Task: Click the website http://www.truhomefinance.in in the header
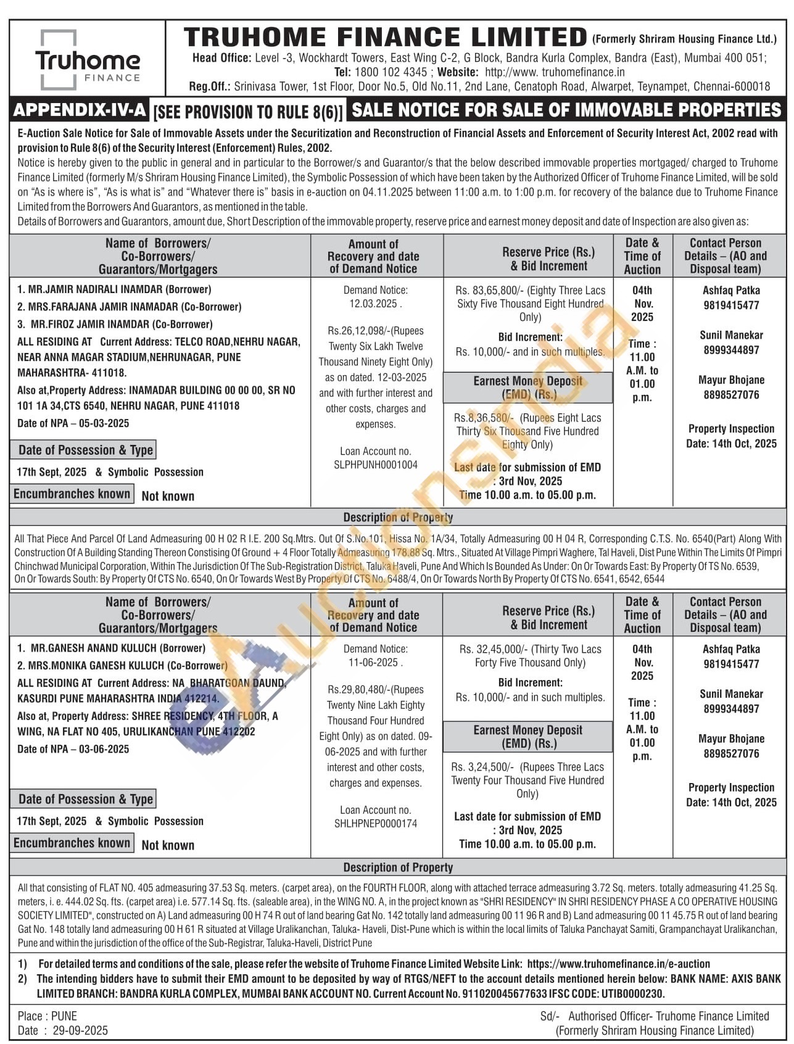coord(547,72)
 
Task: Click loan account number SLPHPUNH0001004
coord(375,465)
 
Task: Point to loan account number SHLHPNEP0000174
coord(375,824)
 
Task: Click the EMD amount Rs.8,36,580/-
coord(484,418)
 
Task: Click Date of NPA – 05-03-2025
coord(73,423)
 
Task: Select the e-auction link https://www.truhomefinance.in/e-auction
coord(619,964)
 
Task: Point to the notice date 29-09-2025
coord(80,1030)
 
